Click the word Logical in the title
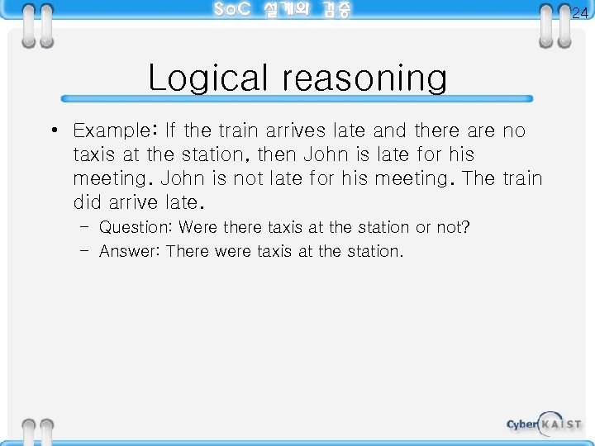tap(212, 79)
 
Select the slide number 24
tap(580, 12)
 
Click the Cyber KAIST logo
tap(544, 424)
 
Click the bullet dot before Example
tap(52, 131)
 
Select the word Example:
tap(115, 131)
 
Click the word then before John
tap(278, 154)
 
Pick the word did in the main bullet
tap(88, 202)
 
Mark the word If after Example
tap(171, 130)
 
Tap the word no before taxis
tap(514, 130)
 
